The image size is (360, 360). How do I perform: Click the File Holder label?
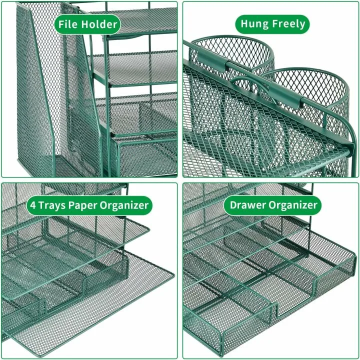pos(87,23)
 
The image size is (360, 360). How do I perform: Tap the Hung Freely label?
pos(273,23)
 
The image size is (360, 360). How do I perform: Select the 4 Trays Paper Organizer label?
pos(89,204)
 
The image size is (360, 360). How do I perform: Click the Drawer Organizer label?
pos(273,204)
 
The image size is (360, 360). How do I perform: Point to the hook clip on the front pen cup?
pos(295,100)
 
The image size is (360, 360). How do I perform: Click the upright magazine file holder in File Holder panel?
pos(40,100)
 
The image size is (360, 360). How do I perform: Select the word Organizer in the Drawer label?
pos(294,204)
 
